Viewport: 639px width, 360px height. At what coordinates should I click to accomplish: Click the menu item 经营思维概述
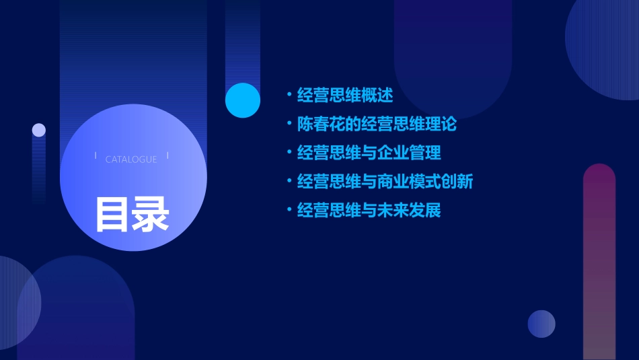coord(345,96)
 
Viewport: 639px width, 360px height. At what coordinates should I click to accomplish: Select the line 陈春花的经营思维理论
coord(377,124)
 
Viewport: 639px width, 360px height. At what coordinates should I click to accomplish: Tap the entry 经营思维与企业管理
coord(369,153)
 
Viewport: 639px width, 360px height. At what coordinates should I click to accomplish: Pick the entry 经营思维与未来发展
coord(369,211)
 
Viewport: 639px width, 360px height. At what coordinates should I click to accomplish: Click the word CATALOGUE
coord(131,159)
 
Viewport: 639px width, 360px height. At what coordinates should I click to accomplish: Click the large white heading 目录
coord(132,214)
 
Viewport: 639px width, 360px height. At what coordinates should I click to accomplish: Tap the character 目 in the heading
coord(112,214)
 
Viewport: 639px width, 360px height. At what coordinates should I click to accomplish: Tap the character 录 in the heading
coord(151,214)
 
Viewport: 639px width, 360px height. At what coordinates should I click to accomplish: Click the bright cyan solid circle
coord(243,100)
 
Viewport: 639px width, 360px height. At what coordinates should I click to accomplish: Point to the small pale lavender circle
coord(39,130)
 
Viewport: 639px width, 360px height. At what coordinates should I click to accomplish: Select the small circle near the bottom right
coord(541,324)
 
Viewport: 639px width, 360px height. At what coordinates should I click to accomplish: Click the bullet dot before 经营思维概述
coord(289,96)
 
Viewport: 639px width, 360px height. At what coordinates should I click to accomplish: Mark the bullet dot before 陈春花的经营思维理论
coord(289,124)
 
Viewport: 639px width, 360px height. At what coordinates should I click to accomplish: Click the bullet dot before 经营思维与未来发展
coord(289,211)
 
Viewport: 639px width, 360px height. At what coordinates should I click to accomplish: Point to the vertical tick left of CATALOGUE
coord(96,155)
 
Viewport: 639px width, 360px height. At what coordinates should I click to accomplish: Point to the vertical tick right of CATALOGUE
coord(167,155)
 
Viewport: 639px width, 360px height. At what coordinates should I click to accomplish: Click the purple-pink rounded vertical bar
coord(599,262)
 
